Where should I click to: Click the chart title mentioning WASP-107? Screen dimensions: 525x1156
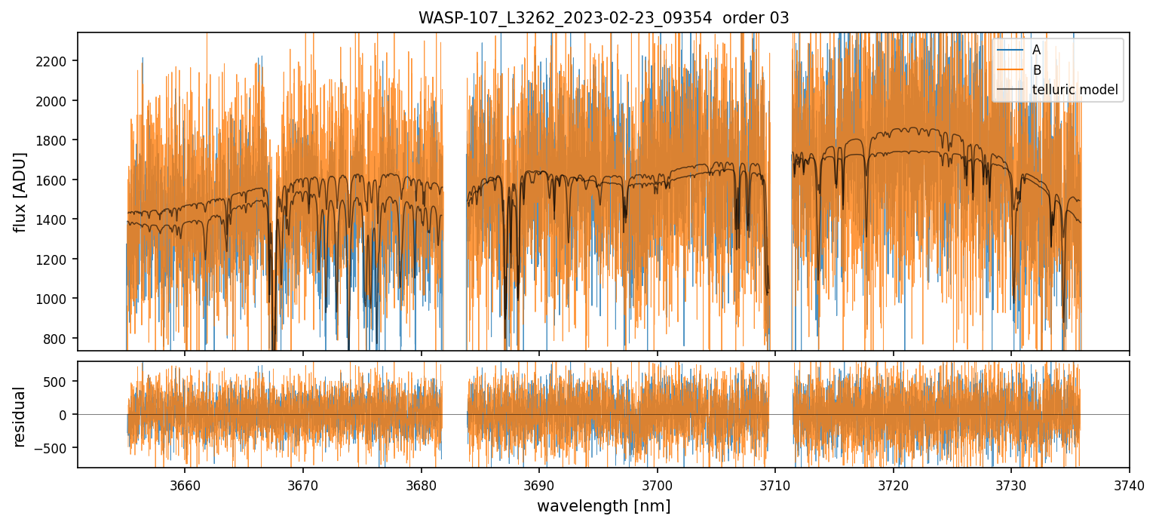pos(603,18)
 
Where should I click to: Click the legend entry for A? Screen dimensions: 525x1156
pos(1036,50)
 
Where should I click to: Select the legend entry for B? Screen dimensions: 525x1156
pos(1036,70)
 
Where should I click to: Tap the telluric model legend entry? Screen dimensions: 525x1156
pos(1075,91)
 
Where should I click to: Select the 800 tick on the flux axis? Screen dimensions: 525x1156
pos(60,339)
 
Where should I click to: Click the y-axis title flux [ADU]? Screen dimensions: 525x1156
pos(20,192)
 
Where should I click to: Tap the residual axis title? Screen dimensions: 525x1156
pos(20,416)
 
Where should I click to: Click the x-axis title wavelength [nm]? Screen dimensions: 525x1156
pos(603,506)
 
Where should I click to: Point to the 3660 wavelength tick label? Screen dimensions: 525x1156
pos(185,484)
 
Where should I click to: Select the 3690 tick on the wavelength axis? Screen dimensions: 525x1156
pos(538,484)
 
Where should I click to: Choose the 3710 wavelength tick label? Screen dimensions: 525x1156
pos(774,484)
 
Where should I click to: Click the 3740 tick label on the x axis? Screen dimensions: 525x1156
pos(1128,484)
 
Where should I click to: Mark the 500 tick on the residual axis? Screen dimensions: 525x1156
pos(60,382)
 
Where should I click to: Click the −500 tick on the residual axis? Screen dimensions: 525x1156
pos(57,448)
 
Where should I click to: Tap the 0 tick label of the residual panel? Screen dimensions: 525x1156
pos(67,415)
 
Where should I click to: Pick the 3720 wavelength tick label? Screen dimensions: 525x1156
pos(893,484)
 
